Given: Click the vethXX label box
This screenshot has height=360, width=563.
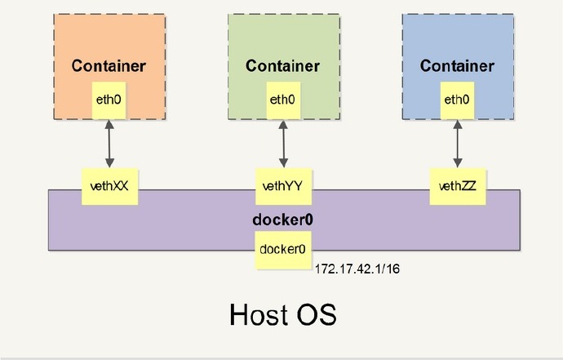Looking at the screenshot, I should [109, 186].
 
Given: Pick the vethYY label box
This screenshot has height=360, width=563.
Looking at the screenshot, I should [283, 186].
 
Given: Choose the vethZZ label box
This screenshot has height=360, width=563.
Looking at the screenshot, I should [457, 186].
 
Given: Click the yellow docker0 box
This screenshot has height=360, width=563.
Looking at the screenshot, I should [282, 249].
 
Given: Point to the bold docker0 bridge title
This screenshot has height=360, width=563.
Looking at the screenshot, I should [283, 220].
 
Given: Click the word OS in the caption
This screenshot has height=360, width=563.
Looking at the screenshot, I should [318, 314].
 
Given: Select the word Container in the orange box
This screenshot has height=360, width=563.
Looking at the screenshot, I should [109, 66].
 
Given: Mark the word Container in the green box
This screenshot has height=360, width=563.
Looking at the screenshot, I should [282, 66].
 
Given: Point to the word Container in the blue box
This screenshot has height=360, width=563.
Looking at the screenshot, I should [457, 66].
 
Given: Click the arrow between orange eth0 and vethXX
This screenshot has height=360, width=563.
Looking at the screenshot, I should [109, 143].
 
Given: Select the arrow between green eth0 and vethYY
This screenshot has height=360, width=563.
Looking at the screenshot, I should [283, 143].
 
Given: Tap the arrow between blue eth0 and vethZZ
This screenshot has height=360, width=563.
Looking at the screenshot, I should [457, 143].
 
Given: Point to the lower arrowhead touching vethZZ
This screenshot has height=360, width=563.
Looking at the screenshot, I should [457, 163].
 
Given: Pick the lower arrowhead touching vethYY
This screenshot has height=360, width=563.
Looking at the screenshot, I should [283, 163].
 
